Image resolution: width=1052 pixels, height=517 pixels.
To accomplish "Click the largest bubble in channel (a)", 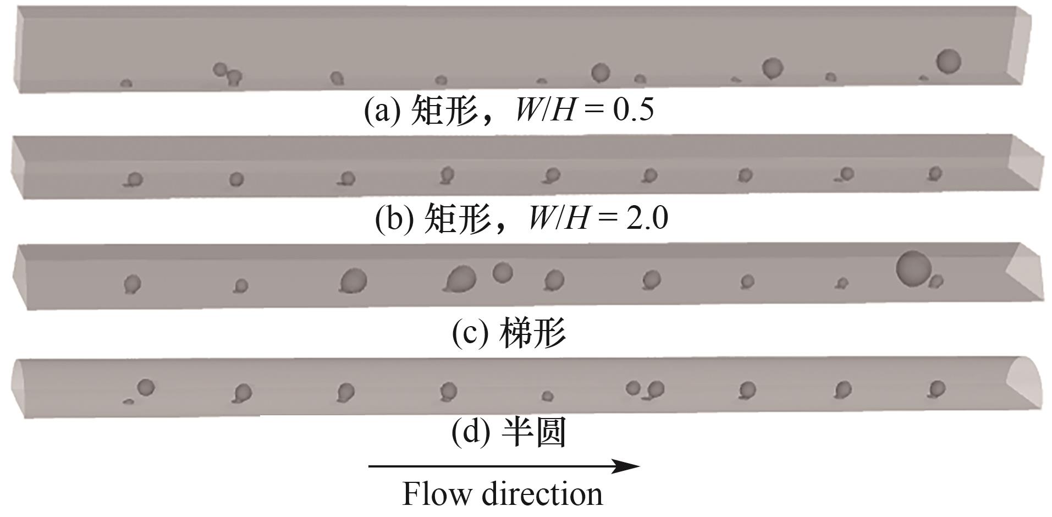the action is point(948,61).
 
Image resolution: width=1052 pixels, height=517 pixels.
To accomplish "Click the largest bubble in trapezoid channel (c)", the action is point(913,268).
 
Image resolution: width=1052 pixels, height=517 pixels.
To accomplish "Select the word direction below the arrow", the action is point(542,493).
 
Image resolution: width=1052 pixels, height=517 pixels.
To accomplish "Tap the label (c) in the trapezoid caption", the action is point(470,332).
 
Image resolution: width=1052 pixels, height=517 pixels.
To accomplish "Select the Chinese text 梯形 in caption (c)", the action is point(532,333).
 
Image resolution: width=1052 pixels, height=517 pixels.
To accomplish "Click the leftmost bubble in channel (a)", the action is point(126,84).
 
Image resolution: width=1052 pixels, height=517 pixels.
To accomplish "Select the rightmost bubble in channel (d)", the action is point(937,389).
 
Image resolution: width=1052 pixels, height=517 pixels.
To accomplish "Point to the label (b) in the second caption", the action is point(394,218).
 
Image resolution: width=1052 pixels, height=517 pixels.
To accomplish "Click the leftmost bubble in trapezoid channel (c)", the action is point(133,284).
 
